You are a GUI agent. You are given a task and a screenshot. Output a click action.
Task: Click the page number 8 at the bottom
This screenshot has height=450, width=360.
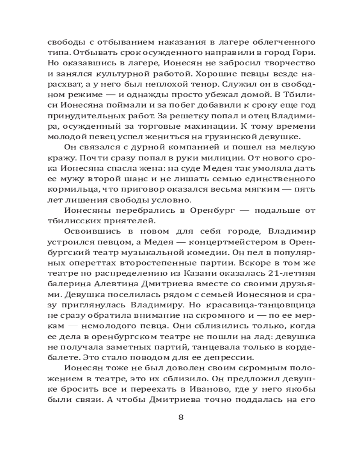pos(180,417)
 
